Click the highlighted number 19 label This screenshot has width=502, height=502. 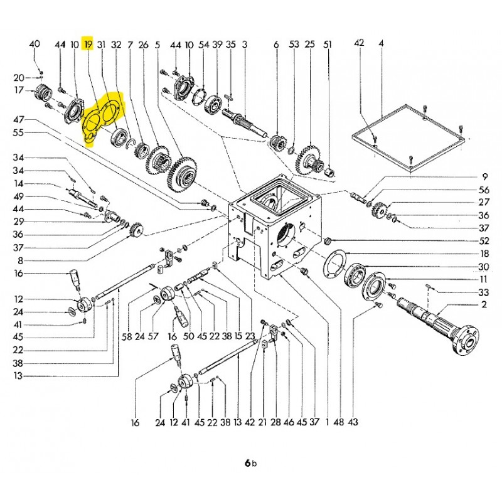click(x=88, y=45)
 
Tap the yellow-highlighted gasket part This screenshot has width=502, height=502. click(x=102, y=119)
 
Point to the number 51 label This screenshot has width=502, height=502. click(x=327, y=45)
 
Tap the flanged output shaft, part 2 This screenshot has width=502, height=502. click(x=439, y=320)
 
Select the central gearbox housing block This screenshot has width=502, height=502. click(x=276, y=226)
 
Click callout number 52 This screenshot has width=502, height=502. click(x=484, y=241)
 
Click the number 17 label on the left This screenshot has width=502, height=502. click(x=19, y=90)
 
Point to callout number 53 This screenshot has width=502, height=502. click(x=294, y=45)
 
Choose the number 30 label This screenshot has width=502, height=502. click(x=484, y=267)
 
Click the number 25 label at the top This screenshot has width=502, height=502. click(x=309, y=45)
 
